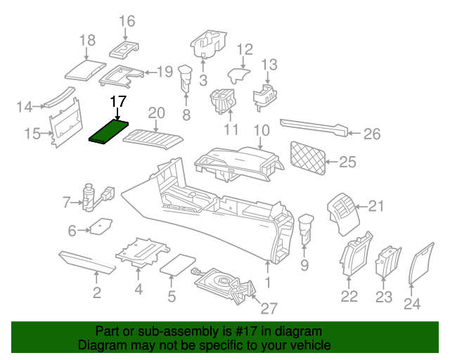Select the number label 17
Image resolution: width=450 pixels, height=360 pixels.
coord(118,101)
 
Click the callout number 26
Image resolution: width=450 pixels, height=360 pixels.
coord(371,134)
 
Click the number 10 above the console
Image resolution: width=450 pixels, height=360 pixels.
coord(261,130)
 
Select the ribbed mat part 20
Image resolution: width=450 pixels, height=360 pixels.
coord(152,135)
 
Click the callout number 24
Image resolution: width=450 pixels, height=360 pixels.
coord(412,303)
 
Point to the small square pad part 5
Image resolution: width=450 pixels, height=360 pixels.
coord(178,264)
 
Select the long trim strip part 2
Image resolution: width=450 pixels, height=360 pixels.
coord(89,261)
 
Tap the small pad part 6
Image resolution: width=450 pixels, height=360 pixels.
coord(99,227)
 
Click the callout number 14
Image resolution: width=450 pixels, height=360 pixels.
coord(25,107)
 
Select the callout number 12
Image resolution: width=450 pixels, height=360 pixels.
coord(244,50)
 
